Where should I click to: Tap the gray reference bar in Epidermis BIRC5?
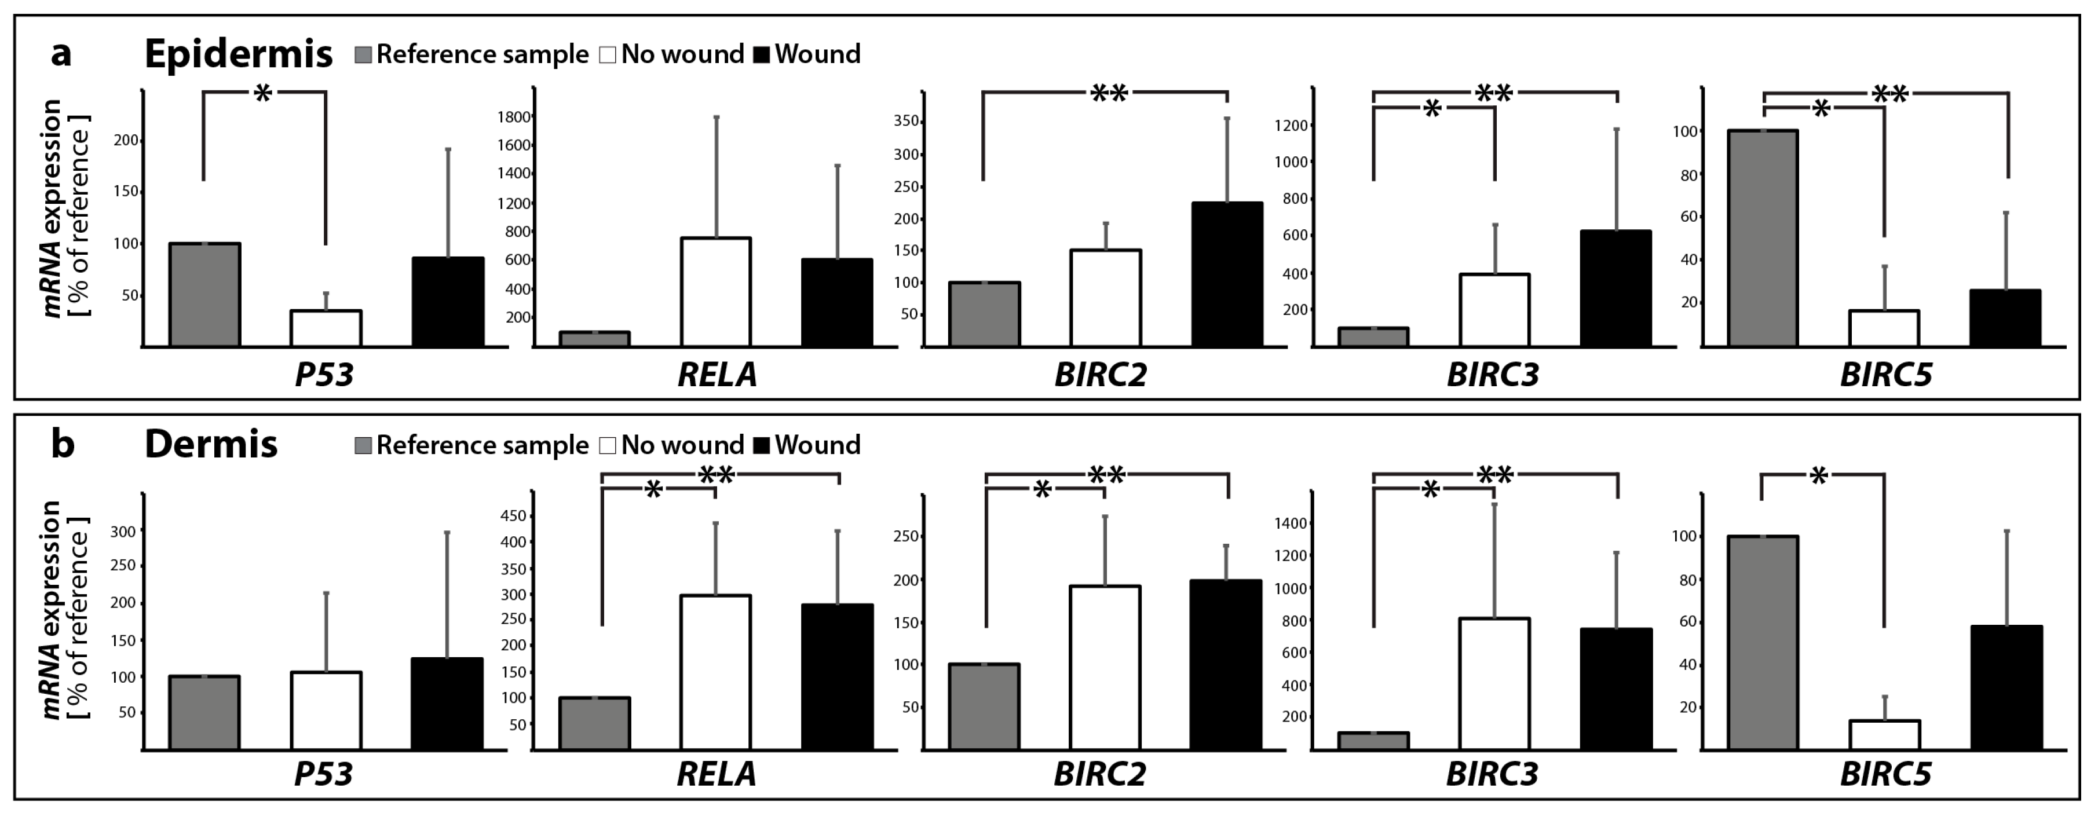[1763, 237]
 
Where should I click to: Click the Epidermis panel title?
[238, 54]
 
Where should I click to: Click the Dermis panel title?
[211, 444]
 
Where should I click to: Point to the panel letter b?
[63, 444]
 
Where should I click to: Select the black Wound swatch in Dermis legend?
[762, 446]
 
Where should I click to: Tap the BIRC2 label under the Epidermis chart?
[1101, 374]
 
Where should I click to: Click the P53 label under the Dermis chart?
[323, 774]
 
